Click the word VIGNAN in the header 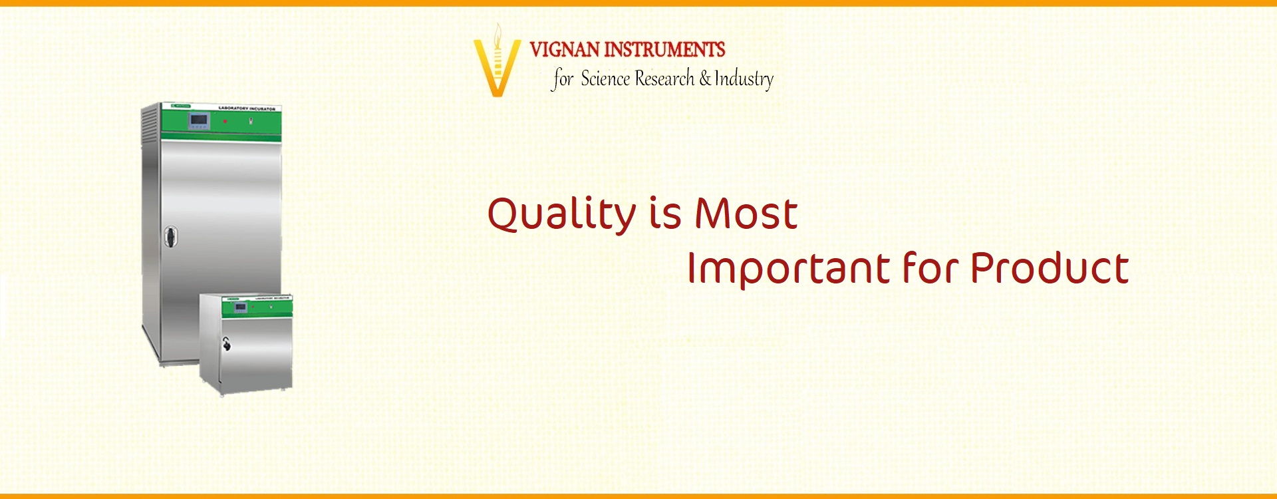[564, 49]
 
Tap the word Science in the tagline [605, 79]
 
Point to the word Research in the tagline [664, 79]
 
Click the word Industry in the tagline [744, 79]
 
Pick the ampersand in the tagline [705, 79]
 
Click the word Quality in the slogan [562, 214]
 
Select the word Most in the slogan [746, 214]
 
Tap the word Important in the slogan [787, 269]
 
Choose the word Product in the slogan [1050, 268]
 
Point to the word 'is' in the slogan [665, 214]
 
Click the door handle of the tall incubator [171, 237]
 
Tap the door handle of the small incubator [226, 344]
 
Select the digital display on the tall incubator [199, 121]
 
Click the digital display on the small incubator [240, 307]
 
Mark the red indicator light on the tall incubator [225, 121]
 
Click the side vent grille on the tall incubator [151, 124]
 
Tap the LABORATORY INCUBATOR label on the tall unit [246, 108]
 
